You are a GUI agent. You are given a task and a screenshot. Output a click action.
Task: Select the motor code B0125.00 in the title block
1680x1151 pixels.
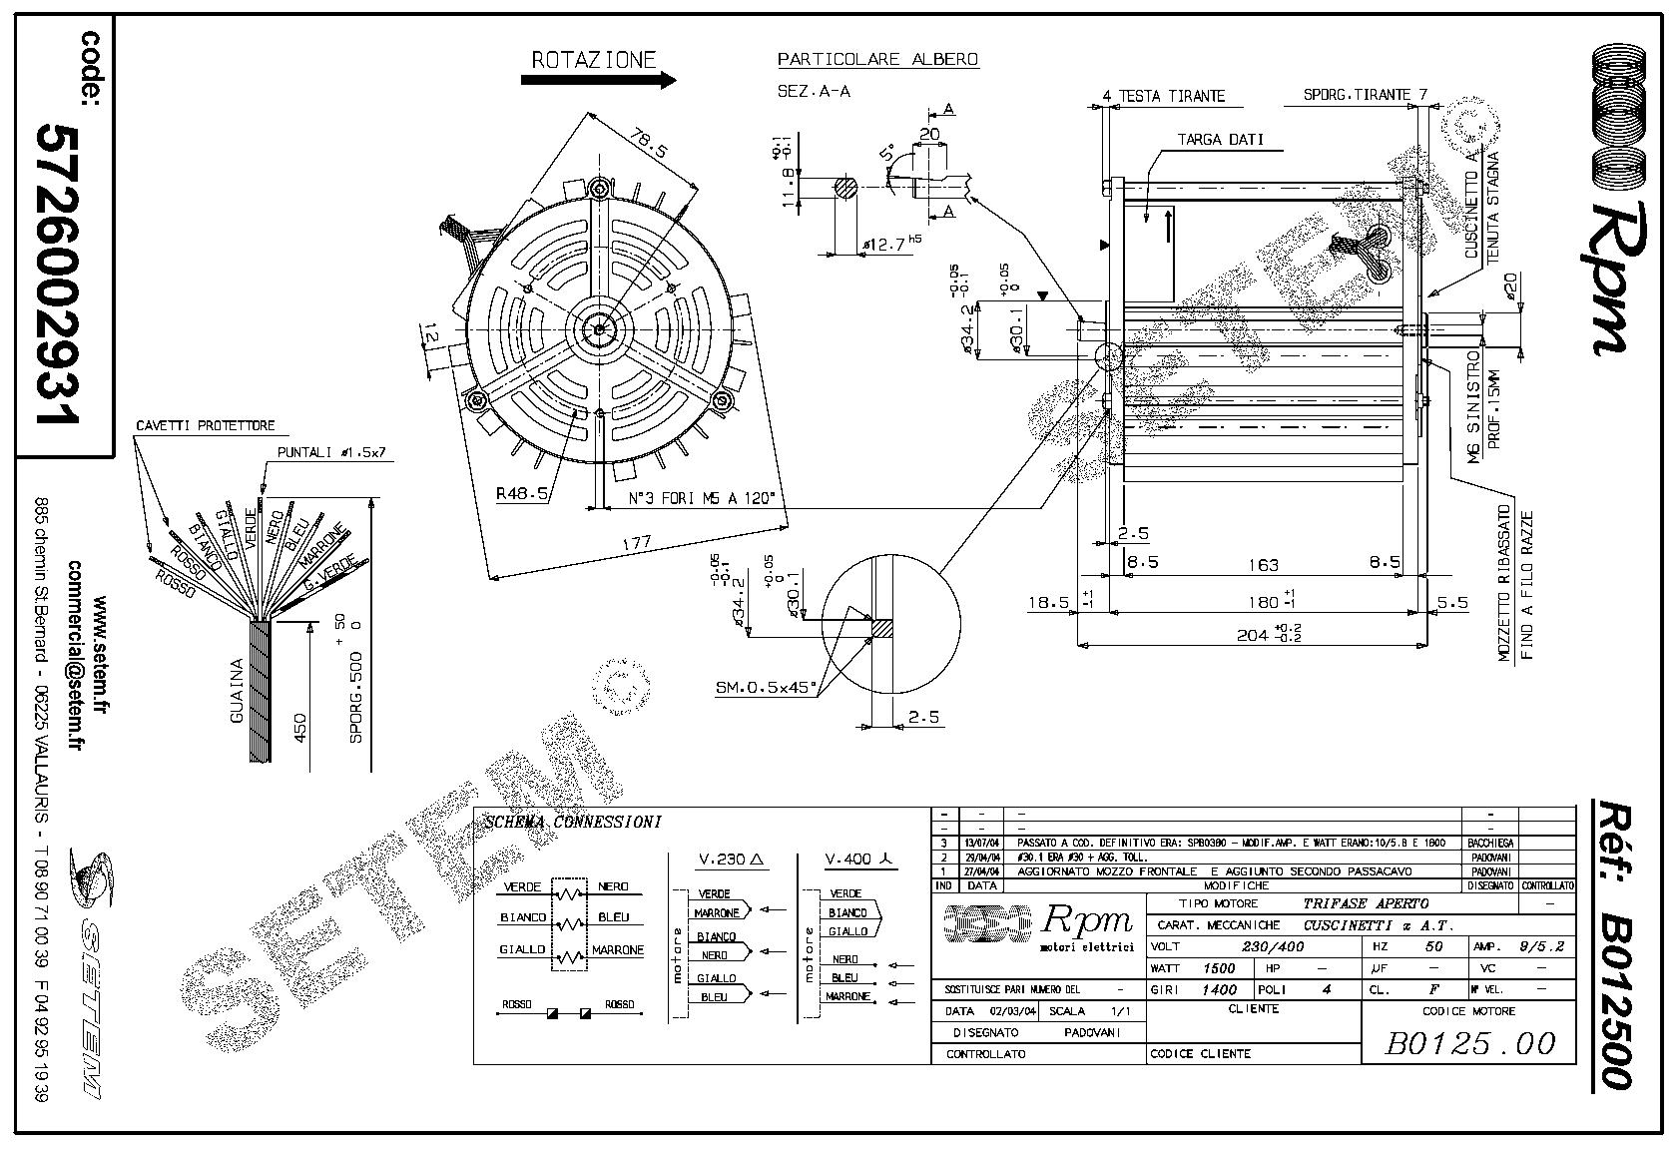1470,1043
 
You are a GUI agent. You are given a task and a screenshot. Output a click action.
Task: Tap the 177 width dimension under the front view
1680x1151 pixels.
636,543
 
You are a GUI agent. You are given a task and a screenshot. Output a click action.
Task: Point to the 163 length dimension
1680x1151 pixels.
1263,565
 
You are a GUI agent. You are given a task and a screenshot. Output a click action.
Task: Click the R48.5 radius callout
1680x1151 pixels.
522,493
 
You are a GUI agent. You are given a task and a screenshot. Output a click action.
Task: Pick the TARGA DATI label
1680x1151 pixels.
1219,140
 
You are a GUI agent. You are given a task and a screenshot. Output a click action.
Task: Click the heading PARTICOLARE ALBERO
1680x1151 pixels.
877,60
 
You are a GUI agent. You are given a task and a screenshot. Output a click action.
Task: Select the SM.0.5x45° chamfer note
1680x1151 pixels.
766,687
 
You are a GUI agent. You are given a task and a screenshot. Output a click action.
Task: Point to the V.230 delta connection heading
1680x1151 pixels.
730,860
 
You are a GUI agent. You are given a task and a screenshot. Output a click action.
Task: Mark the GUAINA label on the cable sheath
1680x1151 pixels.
237,689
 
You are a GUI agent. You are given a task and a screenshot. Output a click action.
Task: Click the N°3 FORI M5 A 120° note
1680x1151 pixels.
701,498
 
